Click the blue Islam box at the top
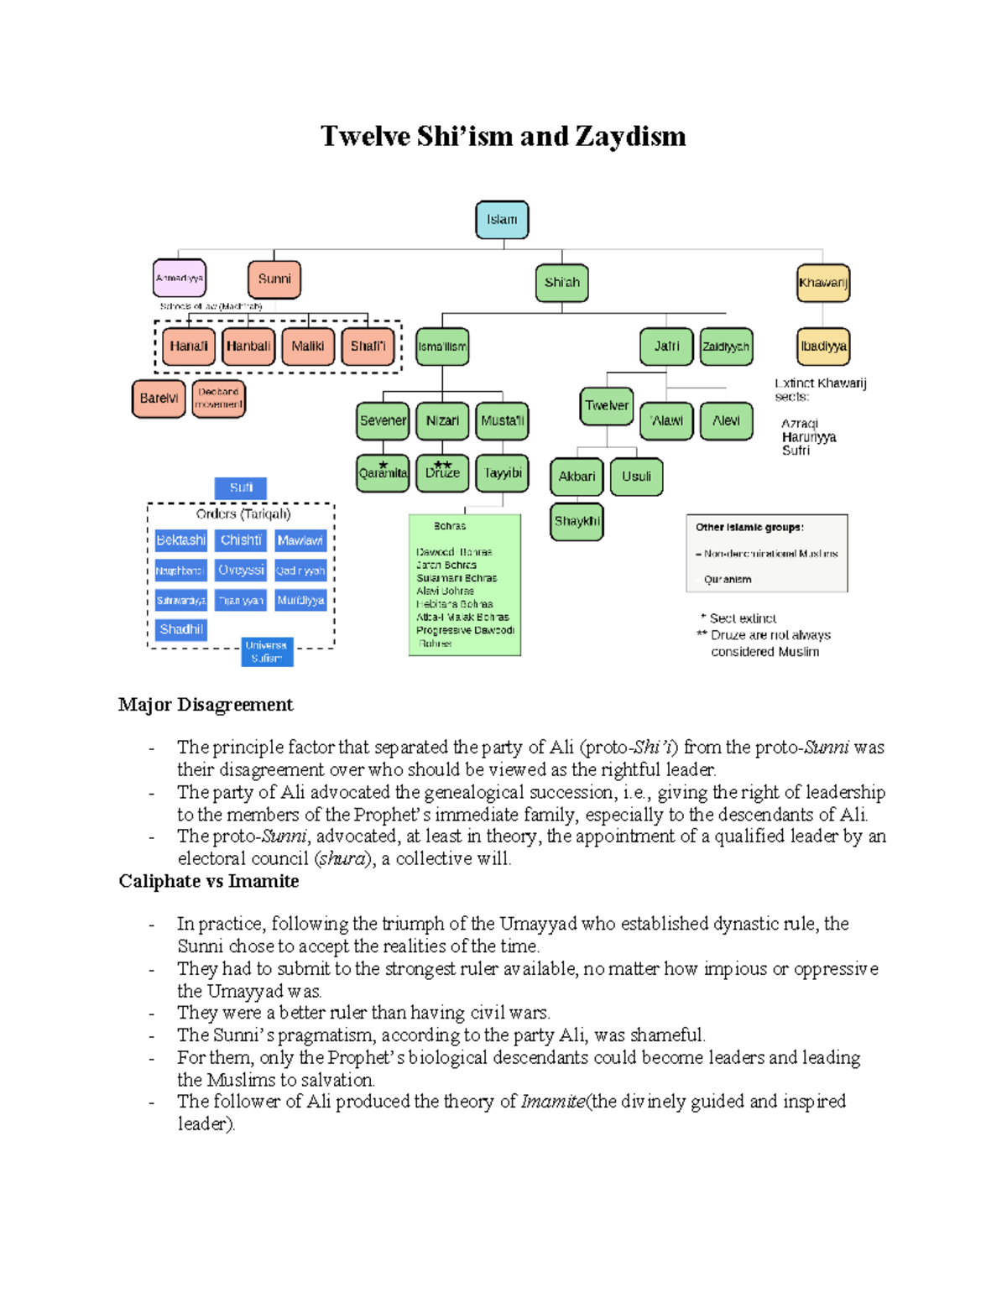[502, 220]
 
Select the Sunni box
[274, 279]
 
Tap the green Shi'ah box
[561, 283]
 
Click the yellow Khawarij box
[822, 283]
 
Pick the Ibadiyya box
[822, 347]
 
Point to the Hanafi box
[189, 347]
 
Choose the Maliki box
[308, 347]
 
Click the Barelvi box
[159, 399]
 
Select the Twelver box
[607, 406]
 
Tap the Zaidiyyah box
[726, 347]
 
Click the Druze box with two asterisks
[442, 473]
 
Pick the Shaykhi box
[577, 522]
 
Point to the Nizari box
[442, 421]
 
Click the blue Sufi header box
[241, 487]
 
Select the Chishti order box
[241, 540]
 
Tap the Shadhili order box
[181, 629]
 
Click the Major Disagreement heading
[206, 705]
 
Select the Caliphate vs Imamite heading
[209, 881]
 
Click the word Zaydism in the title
[630, 136]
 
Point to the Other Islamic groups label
[749, 527]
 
